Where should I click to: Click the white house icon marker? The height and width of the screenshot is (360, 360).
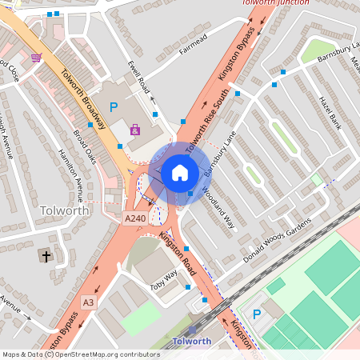click(180, 172)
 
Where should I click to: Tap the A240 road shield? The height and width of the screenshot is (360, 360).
click(134, 217)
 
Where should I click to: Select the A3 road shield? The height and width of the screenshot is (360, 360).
click(88, 302)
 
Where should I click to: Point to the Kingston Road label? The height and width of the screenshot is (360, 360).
click(178, 249)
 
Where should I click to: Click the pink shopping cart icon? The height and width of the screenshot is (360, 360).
click(36, 57)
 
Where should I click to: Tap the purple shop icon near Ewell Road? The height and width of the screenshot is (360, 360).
click(134, 129)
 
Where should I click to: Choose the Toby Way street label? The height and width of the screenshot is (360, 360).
click(165, 280)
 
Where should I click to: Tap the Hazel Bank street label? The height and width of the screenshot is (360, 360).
click(330, 114)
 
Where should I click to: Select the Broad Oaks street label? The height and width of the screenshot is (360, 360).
click(85, 146)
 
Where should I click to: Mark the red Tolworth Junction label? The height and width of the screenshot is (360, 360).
click(274, 3)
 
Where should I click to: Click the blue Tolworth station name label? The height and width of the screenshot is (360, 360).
click(192, 342)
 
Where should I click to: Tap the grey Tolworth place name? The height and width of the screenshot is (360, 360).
click(63, 210)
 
